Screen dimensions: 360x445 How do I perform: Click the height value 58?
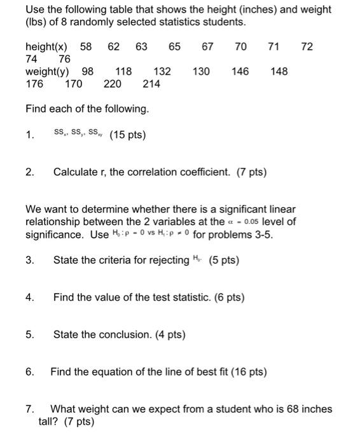pyautogui.click(x=86, y=47)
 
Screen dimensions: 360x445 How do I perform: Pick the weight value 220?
pyautogui.click(x=113, y=84)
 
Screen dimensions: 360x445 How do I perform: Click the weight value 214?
pyautogui.click(x=151, y=84)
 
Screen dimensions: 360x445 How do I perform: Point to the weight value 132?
pyautogui.click(x=162, y=72)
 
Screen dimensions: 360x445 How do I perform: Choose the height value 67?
pyautogui.click(x=207, y=47)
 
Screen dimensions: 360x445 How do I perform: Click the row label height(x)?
pyautogui.click(x=49, y=47)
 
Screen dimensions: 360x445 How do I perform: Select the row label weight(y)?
pyautogui.click(x=48, y=72)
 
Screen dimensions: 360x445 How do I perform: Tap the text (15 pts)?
pyautogui.click(x=128, y=135)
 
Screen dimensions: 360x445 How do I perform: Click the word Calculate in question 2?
pyautogui.click(x=78, y=172)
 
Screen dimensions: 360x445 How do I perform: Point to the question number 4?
pyautogui.click(x=29, y=298)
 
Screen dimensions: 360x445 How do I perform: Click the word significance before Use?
pyautogui.click(x=54, y=235)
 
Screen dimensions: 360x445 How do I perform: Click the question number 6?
pyautogui.click(x=29, y=372)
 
